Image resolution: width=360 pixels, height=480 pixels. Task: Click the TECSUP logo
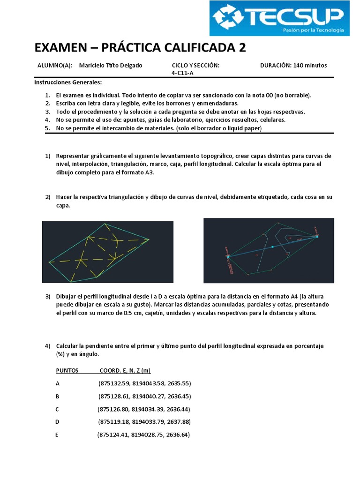click(279, 18)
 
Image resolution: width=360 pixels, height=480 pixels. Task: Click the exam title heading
click(140, 48)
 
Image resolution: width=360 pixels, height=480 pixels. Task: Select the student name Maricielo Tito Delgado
click(111, 65)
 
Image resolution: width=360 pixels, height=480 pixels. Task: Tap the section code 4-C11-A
click(183, 73)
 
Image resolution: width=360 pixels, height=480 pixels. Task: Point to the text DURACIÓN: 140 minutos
click(293, 65)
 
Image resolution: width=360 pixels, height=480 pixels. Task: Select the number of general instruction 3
click(48, 112)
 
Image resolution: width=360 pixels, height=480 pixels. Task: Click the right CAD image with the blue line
click(269, 250)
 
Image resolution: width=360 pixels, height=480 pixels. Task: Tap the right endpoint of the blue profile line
click(317, 237)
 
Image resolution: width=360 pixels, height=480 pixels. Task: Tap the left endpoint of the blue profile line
click(228, 256)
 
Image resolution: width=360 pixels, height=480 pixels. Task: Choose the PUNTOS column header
click(67, 370)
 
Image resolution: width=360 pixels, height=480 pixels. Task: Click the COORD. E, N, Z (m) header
click(125, 370)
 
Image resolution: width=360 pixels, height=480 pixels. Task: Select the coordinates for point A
click(144, 383)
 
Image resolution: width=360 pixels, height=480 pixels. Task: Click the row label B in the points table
click(58, 396)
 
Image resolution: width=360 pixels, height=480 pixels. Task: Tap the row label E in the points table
click(57, 435)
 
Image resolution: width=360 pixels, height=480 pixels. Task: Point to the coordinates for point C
click(144, 409)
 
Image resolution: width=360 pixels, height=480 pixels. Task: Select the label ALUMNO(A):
click(55, 65)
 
